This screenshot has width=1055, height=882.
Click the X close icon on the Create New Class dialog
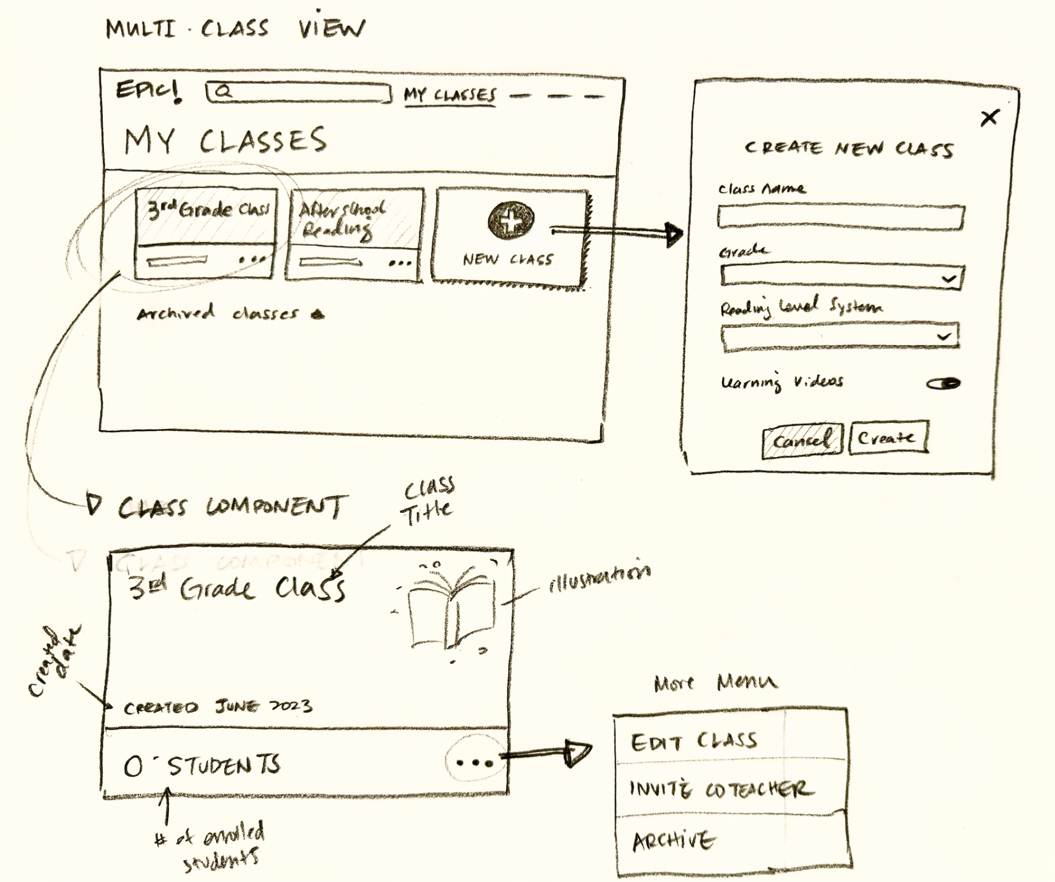click(x=990, y=118)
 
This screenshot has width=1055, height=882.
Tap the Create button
click(x=888, y=438)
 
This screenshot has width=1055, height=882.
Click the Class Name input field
click(x=840, y=217)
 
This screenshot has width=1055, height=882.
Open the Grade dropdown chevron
click(x=948, y=278)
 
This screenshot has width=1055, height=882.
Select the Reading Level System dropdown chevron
click(x=944, y=336)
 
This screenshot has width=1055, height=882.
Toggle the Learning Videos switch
click(x=944, y=384)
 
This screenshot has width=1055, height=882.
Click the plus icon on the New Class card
click(x=511, y=220)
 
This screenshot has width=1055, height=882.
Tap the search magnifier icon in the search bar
click(x=223, y=91)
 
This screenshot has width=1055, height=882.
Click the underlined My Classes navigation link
click(x=450, y=96)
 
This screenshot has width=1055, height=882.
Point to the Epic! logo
click(x=148, y=91)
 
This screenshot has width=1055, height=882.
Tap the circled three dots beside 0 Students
click(x=474, y=762)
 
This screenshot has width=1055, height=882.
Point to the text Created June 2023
click(x=217, y=706)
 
